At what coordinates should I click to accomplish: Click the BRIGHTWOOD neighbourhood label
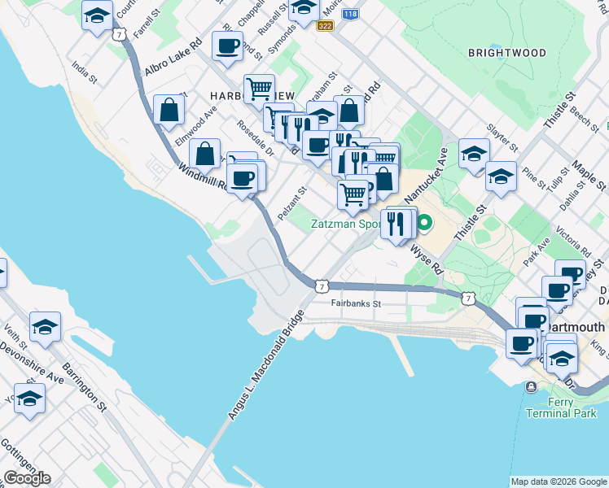click(506, 52)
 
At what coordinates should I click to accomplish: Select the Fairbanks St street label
click(356, 303)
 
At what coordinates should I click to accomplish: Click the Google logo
click(27, 478)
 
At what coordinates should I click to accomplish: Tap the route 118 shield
click(349, 15)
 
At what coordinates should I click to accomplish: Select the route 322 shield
click(325, 27)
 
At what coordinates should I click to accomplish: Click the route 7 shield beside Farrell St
click(120, 35)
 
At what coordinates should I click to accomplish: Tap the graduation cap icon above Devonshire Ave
click(44, 327)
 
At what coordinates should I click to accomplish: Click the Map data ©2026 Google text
click(558, 481)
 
